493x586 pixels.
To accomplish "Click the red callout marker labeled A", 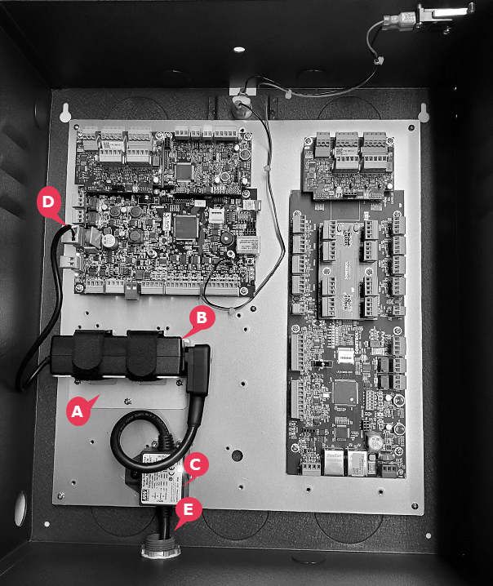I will [x=78, y=412].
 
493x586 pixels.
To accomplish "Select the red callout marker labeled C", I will [x=195, y=464].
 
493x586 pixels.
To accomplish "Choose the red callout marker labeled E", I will [x=189, y=510].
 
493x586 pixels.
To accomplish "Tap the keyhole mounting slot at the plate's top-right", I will [x=423, y=112].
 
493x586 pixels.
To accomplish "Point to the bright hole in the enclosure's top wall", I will [x=238, y=49].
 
